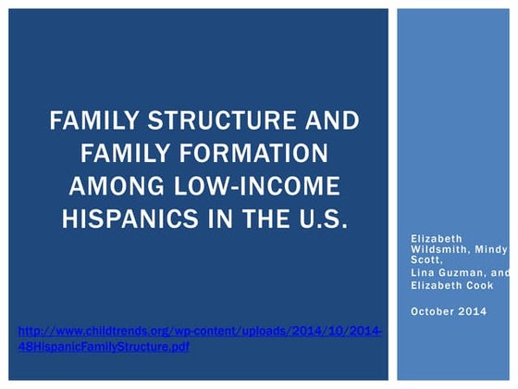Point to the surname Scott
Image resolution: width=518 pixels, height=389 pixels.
[427, 260]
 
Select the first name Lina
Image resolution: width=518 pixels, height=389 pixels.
[423, 273]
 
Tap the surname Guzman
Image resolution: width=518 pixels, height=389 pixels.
[463, 273]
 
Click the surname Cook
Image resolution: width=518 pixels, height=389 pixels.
[477, 285]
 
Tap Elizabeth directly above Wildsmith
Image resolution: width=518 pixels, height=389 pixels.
[436, 238]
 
